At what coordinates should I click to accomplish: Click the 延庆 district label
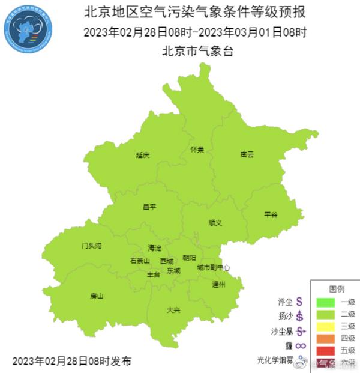[x=142, y=155]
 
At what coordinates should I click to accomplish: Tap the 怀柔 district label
[x=197, y=149]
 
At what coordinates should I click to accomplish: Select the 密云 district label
[x=247, y=154]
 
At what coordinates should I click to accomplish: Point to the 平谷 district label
[x=271, y=214]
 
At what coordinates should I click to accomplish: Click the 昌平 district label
[x=149, y=207]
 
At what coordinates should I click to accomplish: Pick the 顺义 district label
[x=215, y=222]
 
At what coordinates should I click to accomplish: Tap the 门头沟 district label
[x=92, y=246]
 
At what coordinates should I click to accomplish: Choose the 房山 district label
[x=96, y=296]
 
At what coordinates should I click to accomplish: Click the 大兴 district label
[x=173, y=310]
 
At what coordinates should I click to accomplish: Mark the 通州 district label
[x=218, y=285]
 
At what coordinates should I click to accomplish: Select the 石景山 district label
[x=139, y=261]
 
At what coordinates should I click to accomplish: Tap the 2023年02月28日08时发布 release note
[x=71, y=361]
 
